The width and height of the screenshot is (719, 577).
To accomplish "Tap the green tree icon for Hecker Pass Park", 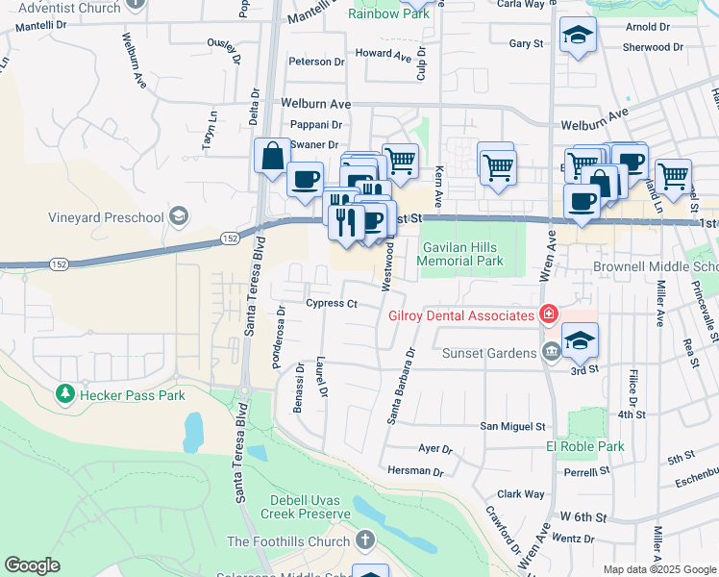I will point(64,393).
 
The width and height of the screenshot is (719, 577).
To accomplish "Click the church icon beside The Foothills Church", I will point(364,541).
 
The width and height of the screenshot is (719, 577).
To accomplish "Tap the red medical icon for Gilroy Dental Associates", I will point(548,314).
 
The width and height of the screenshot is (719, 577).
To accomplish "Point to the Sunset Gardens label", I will point(488,353).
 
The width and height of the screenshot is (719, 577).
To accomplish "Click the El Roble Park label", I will point(584,446).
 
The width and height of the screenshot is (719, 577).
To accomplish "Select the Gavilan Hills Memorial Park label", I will point(463,254).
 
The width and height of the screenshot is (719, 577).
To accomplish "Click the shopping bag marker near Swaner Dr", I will point(272,155).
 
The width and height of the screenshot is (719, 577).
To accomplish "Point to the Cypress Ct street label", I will point(332,304).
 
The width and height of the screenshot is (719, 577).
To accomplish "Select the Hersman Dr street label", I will point(415,472).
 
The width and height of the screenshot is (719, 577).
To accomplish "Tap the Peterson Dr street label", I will point(316,62).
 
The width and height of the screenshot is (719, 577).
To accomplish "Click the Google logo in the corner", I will point(32,565).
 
